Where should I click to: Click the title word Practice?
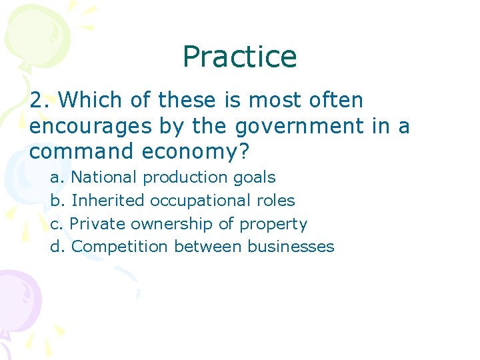tap(239, 57)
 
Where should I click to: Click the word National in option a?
tap(105, 177)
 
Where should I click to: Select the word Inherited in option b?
tap(108, 201)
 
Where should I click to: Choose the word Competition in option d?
tap(120, 247)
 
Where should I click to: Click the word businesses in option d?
tap(291, 247)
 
